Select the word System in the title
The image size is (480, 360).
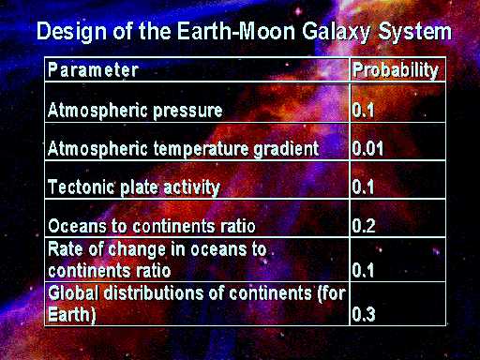pyautogui.click(x=415, y=32)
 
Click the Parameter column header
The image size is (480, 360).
pyautogui.click(x=93, y=69)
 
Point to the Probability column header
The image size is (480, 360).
pyautogui.click(x=396, y=70)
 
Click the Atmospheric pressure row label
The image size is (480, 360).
pyautogui.click(x=135, y=111)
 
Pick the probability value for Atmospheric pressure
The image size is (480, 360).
pyautogui.click(x=363, y=111)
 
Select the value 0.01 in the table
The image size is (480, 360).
pyautogui.click(x=367, y=148)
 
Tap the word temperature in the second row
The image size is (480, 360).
pyautogui.click(x=201, y=149)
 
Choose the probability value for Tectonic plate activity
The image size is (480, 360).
pyautogui.click(x=363, y=187)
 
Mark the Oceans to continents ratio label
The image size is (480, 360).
pyautogui.click(x=152, y=226)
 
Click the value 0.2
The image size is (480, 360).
pyautogui.click(x=364, y=225)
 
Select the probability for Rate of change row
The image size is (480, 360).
pyautogui.click(x=363, y=270)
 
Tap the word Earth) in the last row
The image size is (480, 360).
pyautogui.click(x=72, y=314)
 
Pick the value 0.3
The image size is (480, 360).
pyautogui.click(x=364, y=314)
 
